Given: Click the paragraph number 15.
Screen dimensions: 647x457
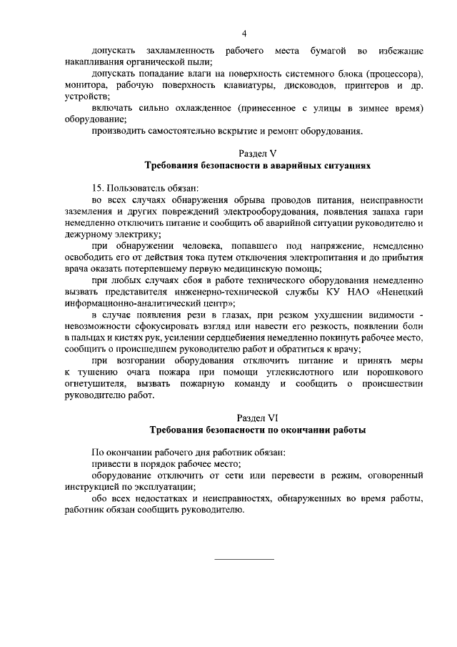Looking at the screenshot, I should tap(98, 187).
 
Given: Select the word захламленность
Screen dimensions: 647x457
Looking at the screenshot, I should tap(180, 51).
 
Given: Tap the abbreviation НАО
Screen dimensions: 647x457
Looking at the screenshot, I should tap(349, 291).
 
